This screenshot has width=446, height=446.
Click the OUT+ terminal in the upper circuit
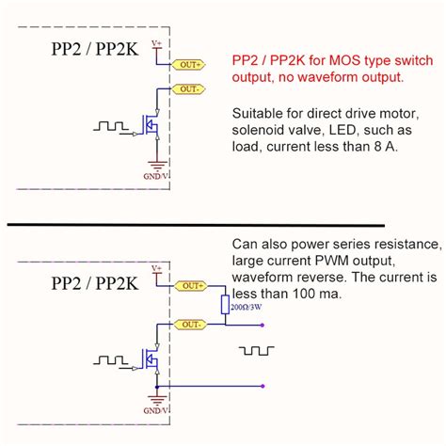191,64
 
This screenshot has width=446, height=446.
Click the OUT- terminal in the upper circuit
191,88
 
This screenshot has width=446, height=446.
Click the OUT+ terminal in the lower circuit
194,284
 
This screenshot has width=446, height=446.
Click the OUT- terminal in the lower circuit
194,325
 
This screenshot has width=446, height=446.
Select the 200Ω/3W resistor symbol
226,304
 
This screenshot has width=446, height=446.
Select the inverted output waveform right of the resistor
255,350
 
